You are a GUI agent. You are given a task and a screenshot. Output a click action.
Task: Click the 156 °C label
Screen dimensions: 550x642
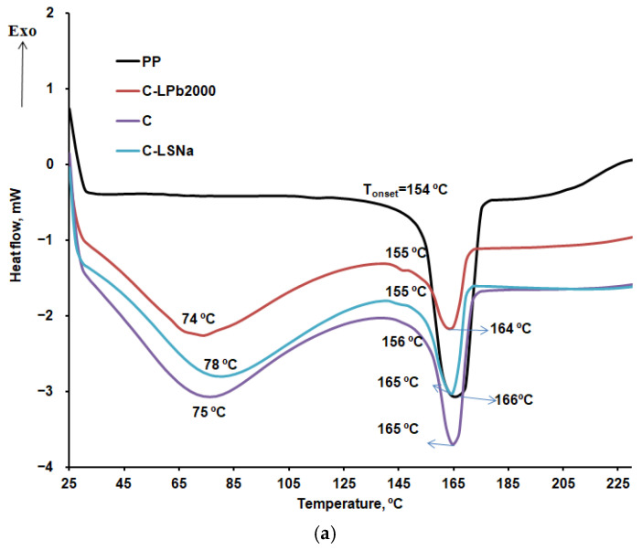[402, 342]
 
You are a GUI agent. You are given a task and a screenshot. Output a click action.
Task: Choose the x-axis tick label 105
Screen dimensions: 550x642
[288, 481]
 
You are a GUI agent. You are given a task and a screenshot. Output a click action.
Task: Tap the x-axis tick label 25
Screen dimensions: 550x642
[69, 481]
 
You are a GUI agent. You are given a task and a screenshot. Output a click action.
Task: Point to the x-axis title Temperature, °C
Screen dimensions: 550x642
[349, 502]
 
